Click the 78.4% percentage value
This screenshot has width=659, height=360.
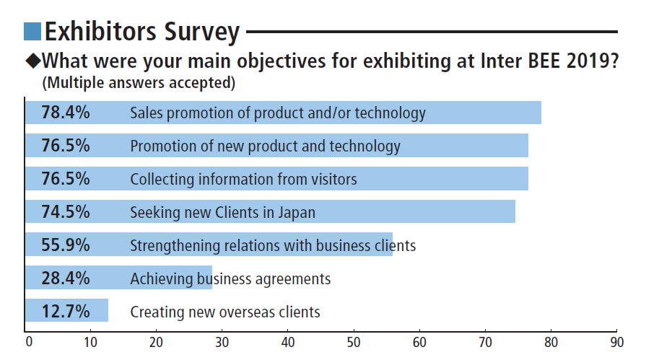tap(66, 113)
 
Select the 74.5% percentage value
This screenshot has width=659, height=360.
tap(66, 212)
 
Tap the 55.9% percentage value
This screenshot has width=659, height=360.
tap(66, 245)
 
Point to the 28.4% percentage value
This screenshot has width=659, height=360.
tap(66, 278)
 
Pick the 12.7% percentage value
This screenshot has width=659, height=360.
tap(66, 312)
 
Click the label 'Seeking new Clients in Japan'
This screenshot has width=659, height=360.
tap(222, 213)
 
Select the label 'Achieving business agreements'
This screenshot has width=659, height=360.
tap(230, 278)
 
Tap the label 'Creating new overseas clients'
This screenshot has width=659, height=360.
tap(224, 312)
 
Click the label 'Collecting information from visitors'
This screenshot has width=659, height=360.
tap(243, 179)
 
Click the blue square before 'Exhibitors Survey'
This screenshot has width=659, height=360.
tap(32, 31)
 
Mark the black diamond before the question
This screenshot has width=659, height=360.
tap(32, 60)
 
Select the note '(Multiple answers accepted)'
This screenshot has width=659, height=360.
tap(139, 82)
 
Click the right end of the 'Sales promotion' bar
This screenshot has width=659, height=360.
tap(539, 113)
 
